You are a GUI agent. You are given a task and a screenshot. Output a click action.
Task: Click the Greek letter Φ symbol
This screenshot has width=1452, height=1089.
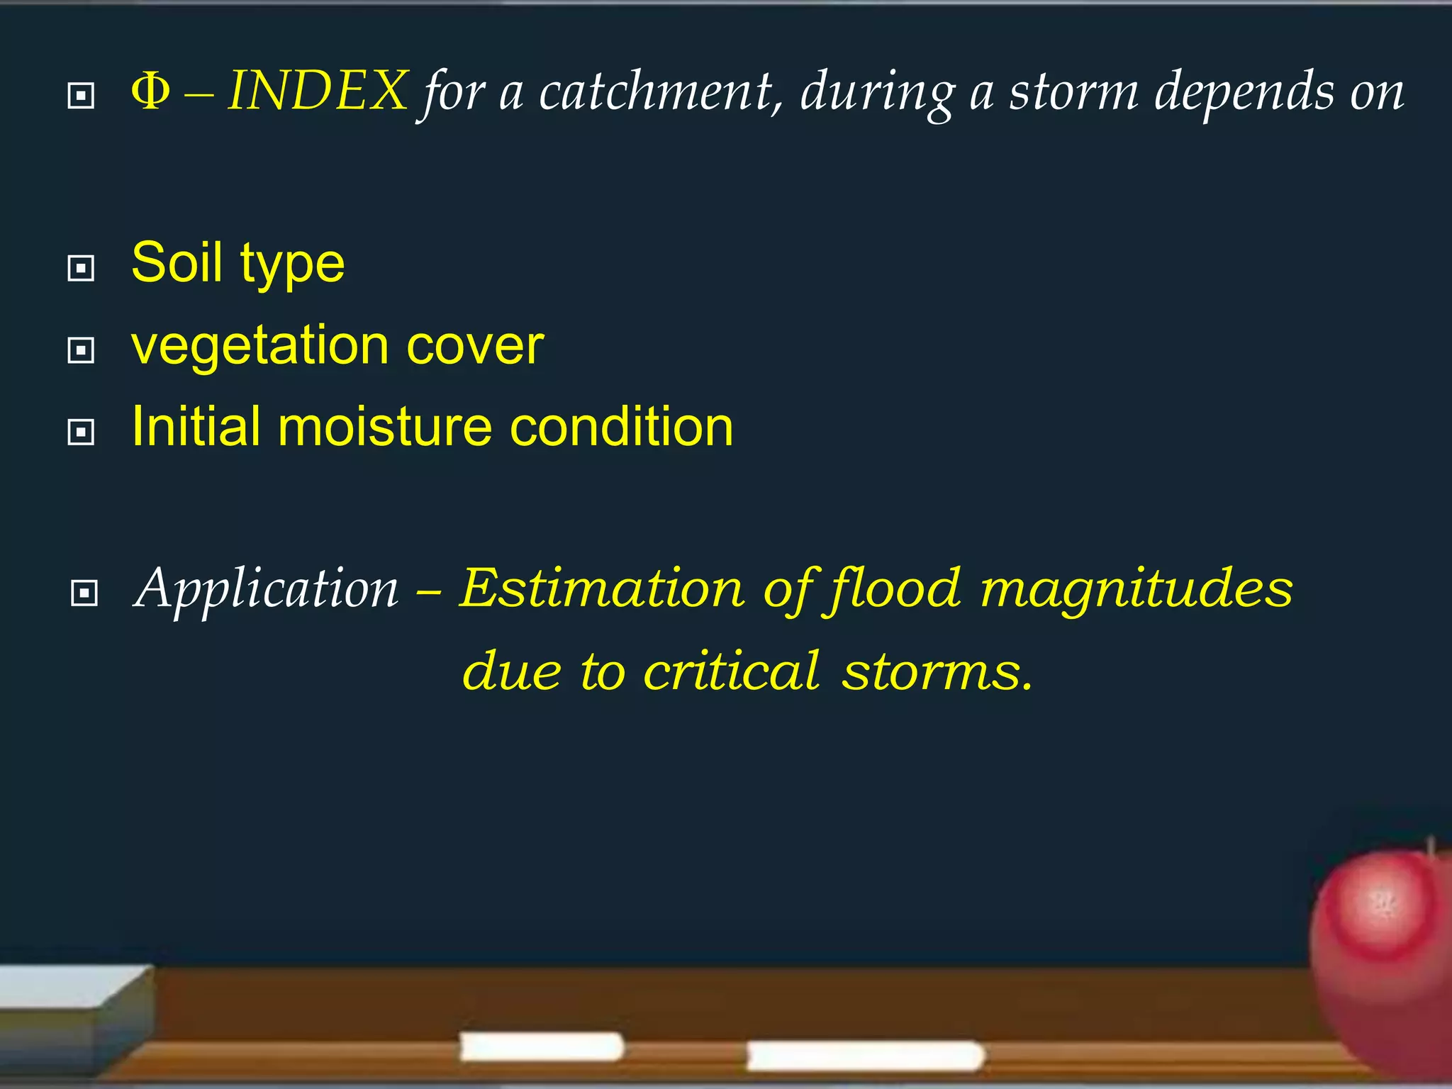pyautogui.click(x=150, y=92)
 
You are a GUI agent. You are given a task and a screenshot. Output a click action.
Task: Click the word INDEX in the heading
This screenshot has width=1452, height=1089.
pyautogui.click(x=318, y=91)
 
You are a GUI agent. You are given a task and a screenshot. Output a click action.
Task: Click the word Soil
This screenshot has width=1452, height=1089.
pyautogui.click(x=177, y=262)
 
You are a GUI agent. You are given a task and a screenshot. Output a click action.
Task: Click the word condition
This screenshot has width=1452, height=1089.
pyautogui.click(x=622, y=428)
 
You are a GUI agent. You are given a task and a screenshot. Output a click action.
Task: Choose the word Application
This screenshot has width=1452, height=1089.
pyautogui.click(x=267, y=588)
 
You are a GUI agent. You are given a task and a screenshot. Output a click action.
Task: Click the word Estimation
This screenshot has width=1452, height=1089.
pyautogui.click(x=602, y=588)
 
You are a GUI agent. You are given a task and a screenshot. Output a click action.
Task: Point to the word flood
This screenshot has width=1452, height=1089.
pyautogui.click(x=896, y=588)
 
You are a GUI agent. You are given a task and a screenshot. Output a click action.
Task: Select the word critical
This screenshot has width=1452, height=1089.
pyautogui.click(x=732, y=671)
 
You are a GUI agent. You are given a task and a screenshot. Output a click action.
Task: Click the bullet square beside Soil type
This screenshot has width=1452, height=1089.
pyautogui.click(x=81, y=269)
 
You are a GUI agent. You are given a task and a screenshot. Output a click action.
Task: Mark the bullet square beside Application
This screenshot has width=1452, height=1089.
pyautogui.click(x=84, y=593)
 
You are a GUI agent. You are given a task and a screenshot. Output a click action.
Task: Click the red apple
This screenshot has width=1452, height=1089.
pyautogui.click(x=1383, y=950)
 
